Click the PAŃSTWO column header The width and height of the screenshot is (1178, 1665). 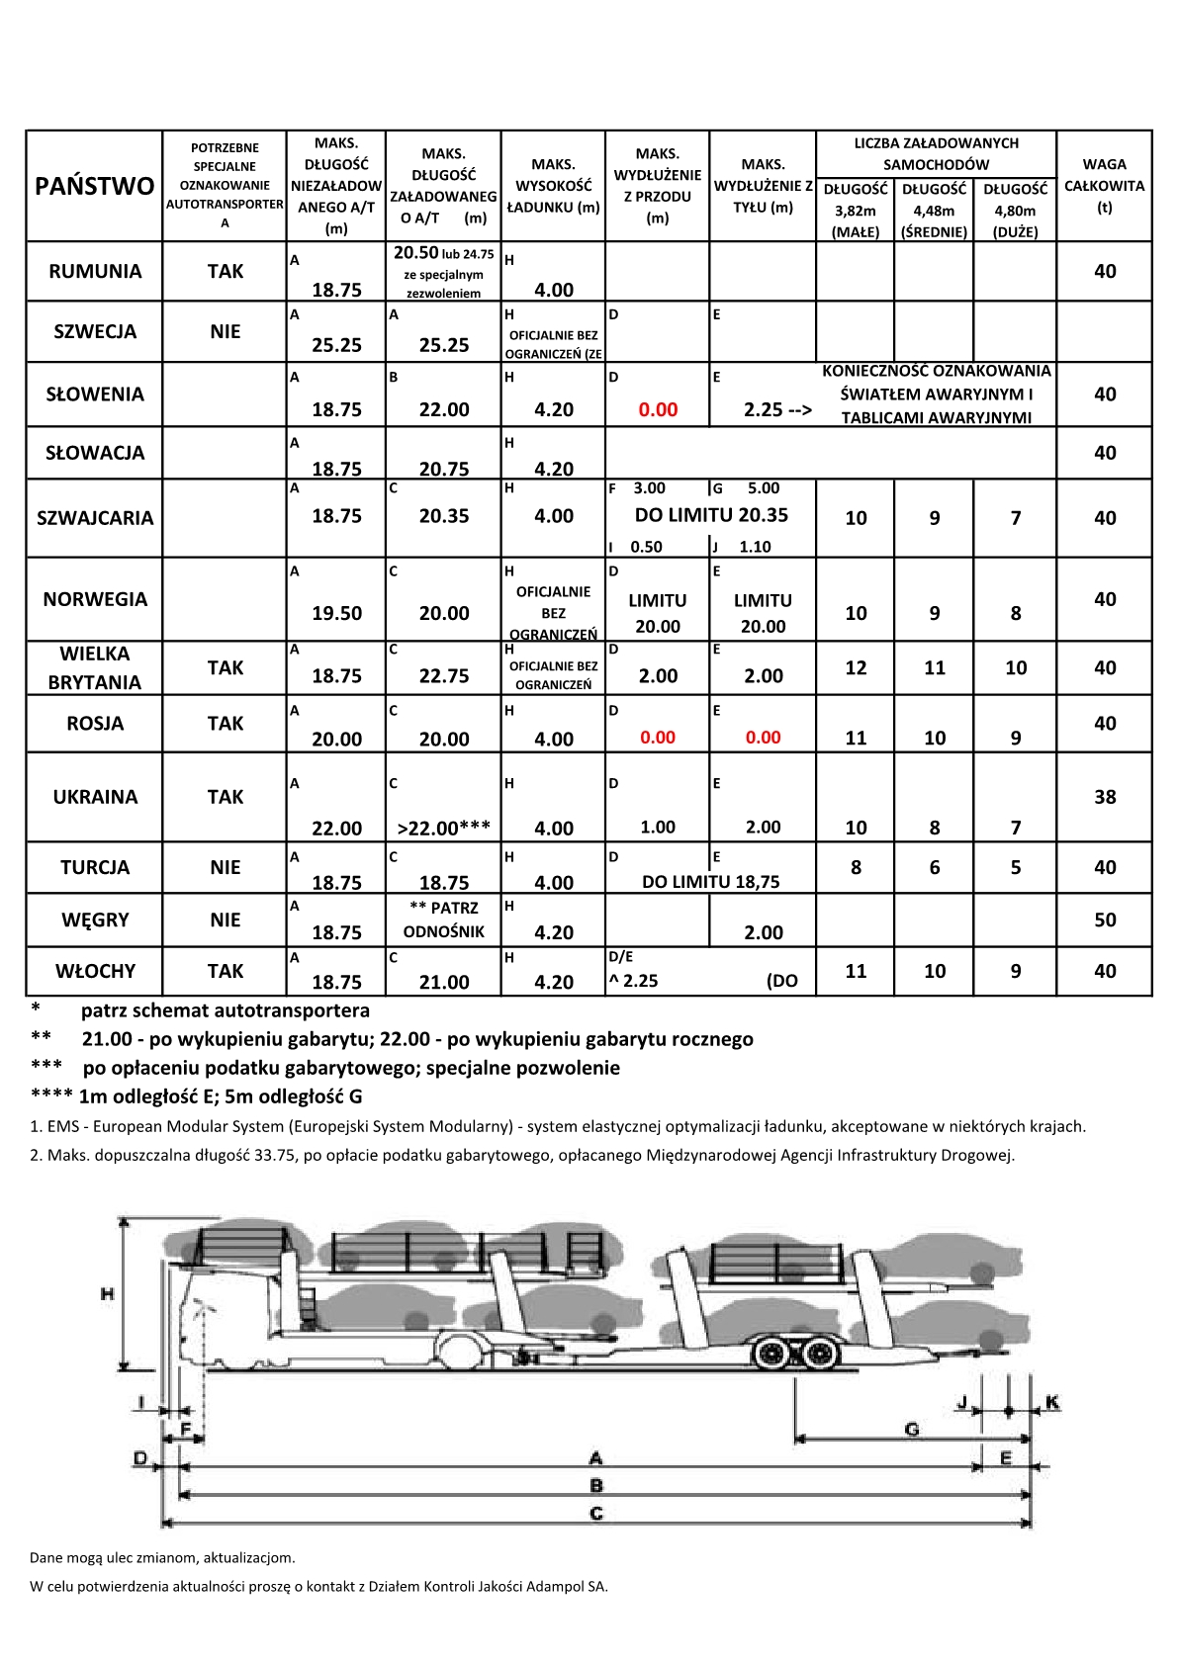(95, 186)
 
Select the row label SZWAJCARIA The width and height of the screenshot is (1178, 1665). (95, 518)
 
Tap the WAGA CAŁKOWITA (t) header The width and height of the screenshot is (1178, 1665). (1105, 185)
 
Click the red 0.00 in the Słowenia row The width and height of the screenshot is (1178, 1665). (658, 409)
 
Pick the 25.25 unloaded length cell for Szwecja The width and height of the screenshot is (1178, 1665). (336, 345)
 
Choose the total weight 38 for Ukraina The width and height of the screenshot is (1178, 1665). (1105, 797)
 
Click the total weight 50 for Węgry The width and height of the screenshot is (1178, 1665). (1105, 920)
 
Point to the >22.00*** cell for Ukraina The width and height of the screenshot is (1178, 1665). (444, 828)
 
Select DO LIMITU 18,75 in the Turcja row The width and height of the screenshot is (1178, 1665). (711, 882)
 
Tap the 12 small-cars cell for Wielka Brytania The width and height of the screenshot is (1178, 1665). (856, 668)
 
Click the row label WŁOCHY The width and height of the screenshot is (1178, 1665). (95, 971)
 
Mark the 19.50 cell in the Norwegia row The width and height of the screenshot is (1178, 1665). (336, 613)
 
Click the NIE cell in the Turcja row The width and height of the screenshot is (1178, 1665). (226, 867)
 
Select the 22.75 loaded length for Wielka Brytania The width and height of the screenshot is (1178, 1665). (444, 676)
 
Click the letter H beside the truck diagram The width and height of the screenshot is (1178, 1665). (108, 1292)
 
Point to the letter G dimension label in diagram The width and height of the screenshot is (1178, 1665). (912, 1429)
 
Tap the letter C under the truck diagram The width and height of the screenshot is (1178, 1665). (596, 1514)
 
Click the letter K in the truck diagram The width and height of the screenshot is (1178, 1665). (1052, 1402)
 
